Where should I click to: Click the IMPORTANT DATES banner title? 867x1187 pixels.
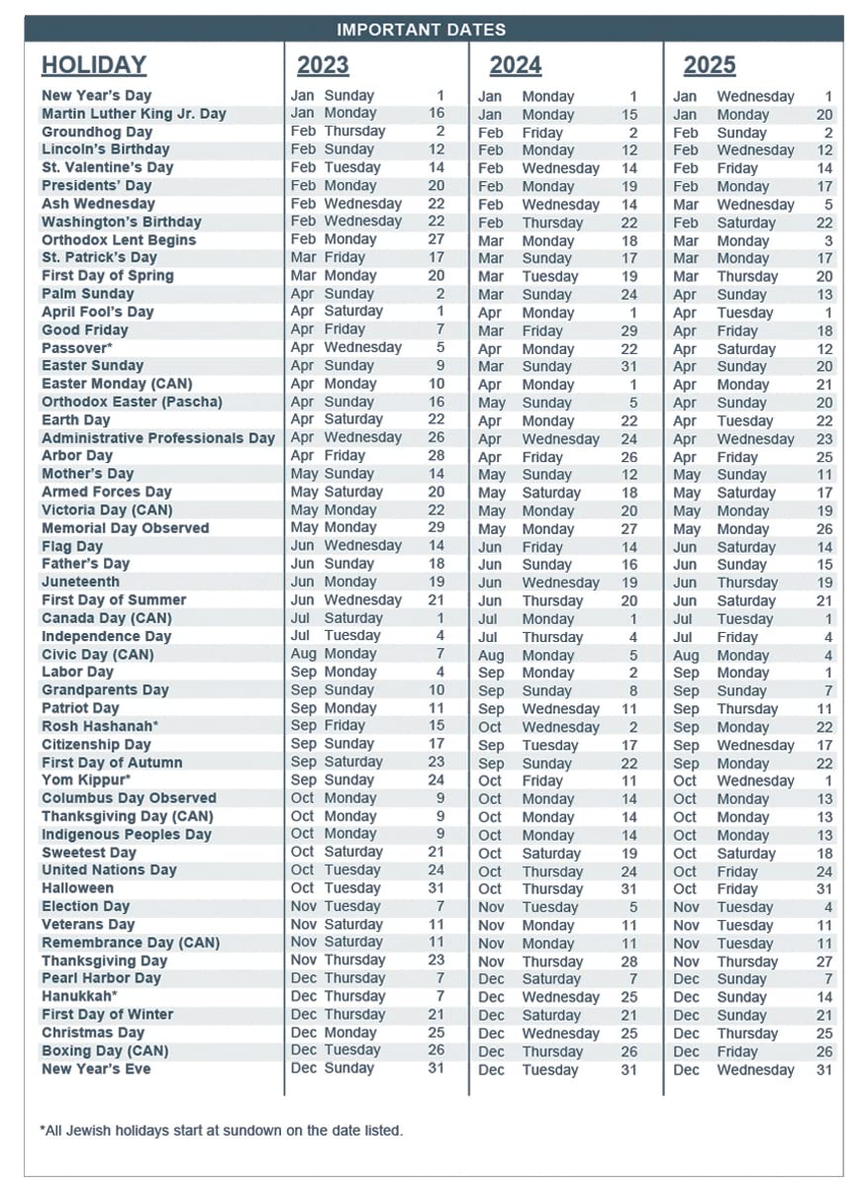pos(421,30)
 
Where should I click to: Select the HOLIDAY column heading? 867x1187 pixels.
pos(94,65)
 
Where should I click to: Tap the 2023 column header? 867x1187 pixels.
pos(323,65)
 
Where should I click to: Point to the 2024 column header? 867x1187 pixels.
pos(515,65)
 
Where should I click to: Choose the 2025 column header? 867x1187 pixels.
pos(709,65)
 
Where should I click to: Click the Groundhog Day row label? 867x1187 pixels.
pos(97,132)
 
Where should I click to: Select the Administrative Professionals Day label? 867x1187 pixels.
pos(158,438)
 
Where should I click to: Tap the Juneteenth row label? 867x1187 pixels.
pos(80,582)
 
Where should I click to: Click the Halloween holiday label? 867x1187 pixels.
pos(77,888)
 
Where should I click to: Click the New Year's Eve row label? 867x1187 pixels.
pos(96,1068)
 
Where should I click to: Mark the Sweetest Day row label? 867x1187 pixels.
pos(89,853)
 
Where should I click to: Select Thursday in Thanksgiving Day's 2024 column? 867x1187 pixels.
pos(552,961)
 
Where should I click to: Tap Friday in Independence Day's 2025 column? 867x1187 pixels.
pos(736,637)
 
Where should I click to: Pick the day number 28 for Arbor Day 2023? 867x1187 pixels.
pos(435,455)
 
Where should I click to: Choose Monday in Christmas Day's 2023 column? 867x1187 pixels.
pos(349,1032)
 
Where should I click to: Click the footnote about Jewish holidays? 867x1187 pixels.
pos(222,1130)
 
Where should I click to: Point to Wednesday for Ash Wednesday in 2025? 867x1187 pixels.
pos(755,205)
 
